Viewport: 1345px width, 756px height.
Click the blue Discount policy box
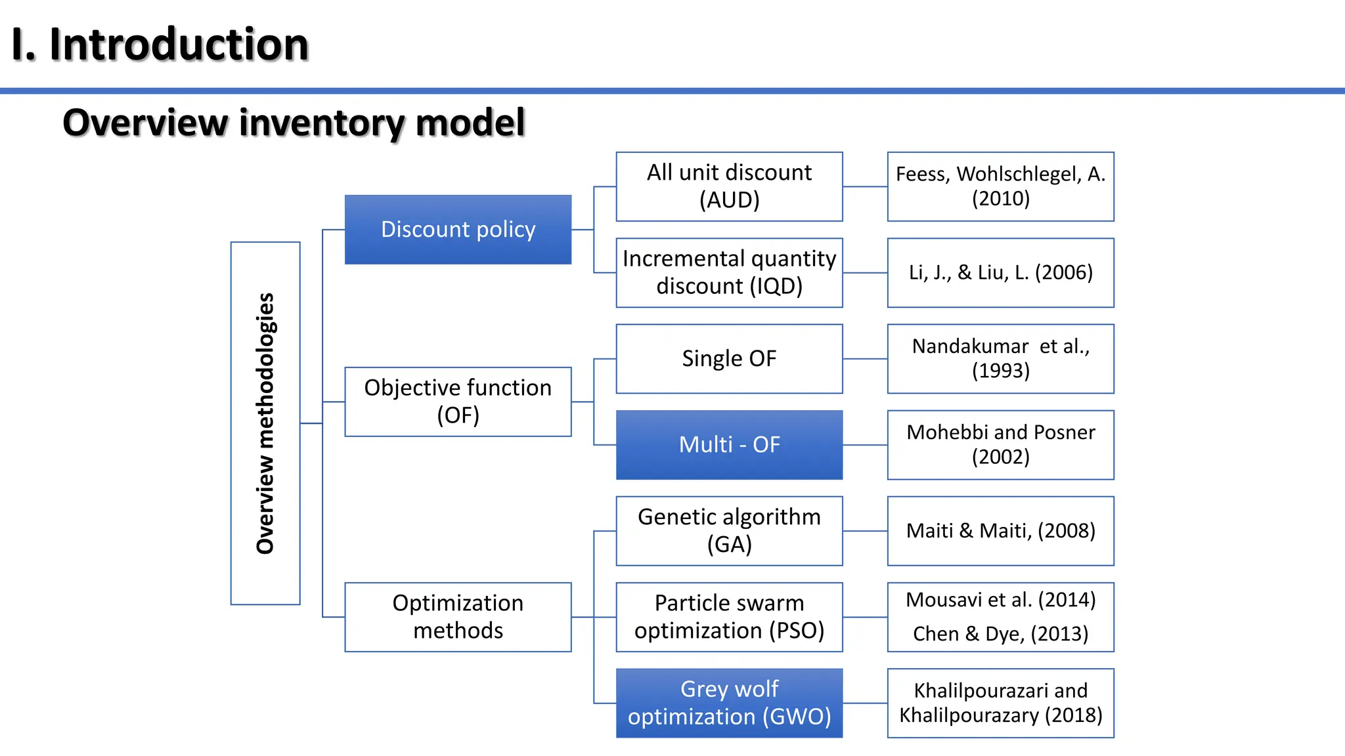coord(458,230)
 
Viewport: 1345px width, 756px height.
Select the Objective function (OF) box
coord(458,402)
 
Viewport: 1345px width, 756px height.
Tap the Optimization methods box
coord(458,617)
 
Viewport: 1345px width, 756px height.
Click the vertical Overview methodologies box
coord(265,423)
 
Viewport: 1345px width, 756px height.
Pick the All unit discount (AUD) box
coord(729,186)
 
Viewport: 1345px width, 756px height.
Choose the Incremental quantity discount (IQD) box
coord(729,272)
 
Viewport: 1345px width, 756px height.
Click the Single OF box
coord(729,359)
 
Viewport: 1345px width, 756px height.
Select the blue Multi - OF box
coord(729,445)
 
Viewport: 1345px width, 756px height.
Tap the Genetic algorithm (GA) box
coord(729,531)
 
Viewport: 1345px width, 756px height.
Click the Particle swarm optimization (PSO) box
coord(729,617)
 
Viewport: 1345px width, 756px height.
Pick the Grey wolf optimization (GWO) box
coord(729,703)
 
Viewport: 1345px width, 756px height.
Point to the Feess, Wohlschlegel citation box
coord(1000,186)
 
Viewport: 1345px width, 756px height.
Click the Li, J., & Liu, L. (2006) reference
coord(1000,272)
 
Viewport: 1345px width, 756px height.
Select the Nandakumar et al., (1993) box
coord(1000,359)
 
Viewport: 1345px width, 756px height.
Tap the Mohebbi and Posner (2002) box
coord(1000,445)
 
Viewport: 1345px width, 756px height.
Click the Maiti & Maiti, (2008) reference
coord(1000,531)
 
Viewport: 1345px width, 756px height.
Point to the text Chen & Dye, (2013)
coord(1000,634)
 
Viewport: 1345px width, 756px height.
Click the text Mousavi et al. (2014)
coord(1000,600)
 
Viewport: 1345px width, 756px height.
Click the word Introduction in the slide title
coord(179,45)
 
